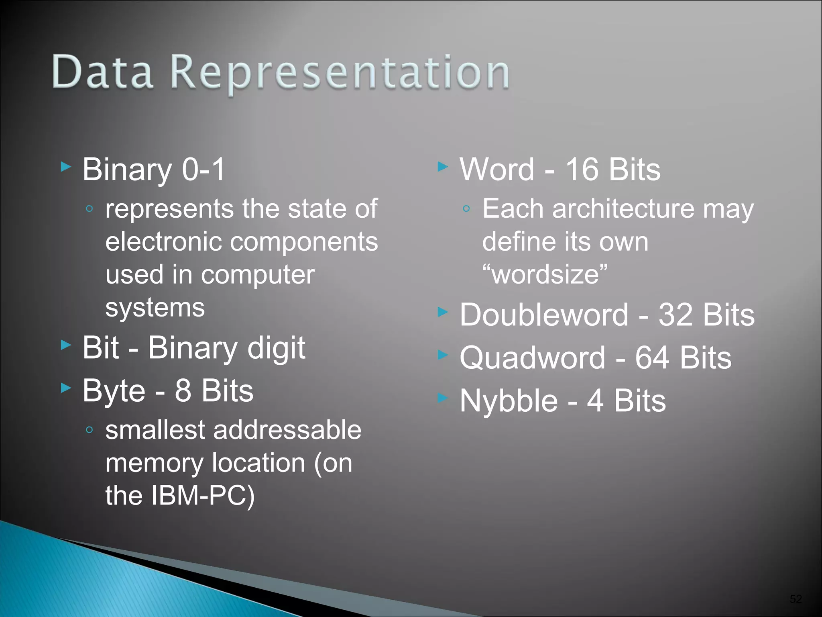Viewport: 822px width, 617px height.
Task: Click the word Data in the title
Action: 102,72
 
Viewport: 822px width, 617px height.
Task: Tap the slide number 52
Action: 796,599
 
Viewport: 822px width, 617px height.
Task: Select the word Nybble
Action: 509,401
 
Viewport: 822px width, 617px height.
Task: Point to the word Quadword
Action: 532,358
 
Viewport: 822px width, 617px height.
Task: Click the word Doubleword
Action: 544,315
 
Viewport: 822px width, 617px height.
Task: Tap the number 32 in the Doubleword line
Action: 675,315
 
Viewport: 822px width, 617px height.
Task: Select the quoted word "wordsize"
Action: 545,274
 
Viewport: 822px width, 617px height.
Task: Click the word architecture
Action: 623,209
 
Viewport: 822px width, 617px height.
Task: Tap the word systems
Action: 155,308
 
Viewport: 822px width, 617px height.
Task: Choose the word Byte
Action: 114,391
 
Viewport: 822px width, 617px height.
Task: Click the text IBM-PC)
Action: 203,495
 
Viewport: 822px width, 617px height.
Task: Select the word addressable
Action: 287,430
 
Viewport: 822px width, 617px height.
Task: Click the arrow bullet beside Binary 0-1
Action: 66,166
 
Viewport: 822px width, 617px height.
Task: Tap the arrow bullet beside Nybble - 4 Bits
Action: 442,398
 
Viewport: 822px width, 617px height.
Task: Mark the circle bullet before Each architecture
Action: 466,208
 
